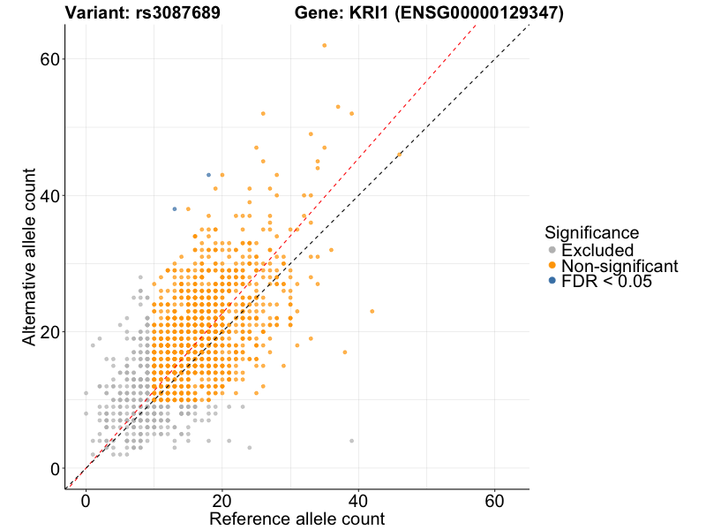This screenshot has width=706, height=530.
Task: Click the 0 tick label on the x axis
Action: [x=86, y=500]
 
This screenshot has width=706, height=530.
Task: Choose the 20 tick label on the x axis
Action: [x=222, y=500]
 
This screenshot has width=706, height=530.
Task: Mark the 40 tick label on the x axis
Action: [x=358, y=500]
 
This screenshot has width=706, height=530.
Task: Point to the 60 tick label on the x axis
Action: [x=495, y=500]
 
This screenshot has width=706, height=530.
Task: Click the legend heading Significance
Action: [x=591, y=232]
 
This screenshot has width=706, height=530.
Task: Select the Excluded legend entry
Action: [x=597, y=250]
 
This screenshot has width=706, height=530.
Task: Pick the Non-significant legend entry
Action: [x=619, y=266]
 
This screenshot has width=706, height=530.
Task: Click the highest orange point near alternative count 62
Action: [x=325, y=45]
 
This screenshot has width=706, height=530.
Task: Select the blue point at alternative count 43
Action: [x=208, y=175]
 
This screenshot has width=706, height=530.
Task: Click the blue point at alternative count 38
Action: [x=175, y=209]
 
